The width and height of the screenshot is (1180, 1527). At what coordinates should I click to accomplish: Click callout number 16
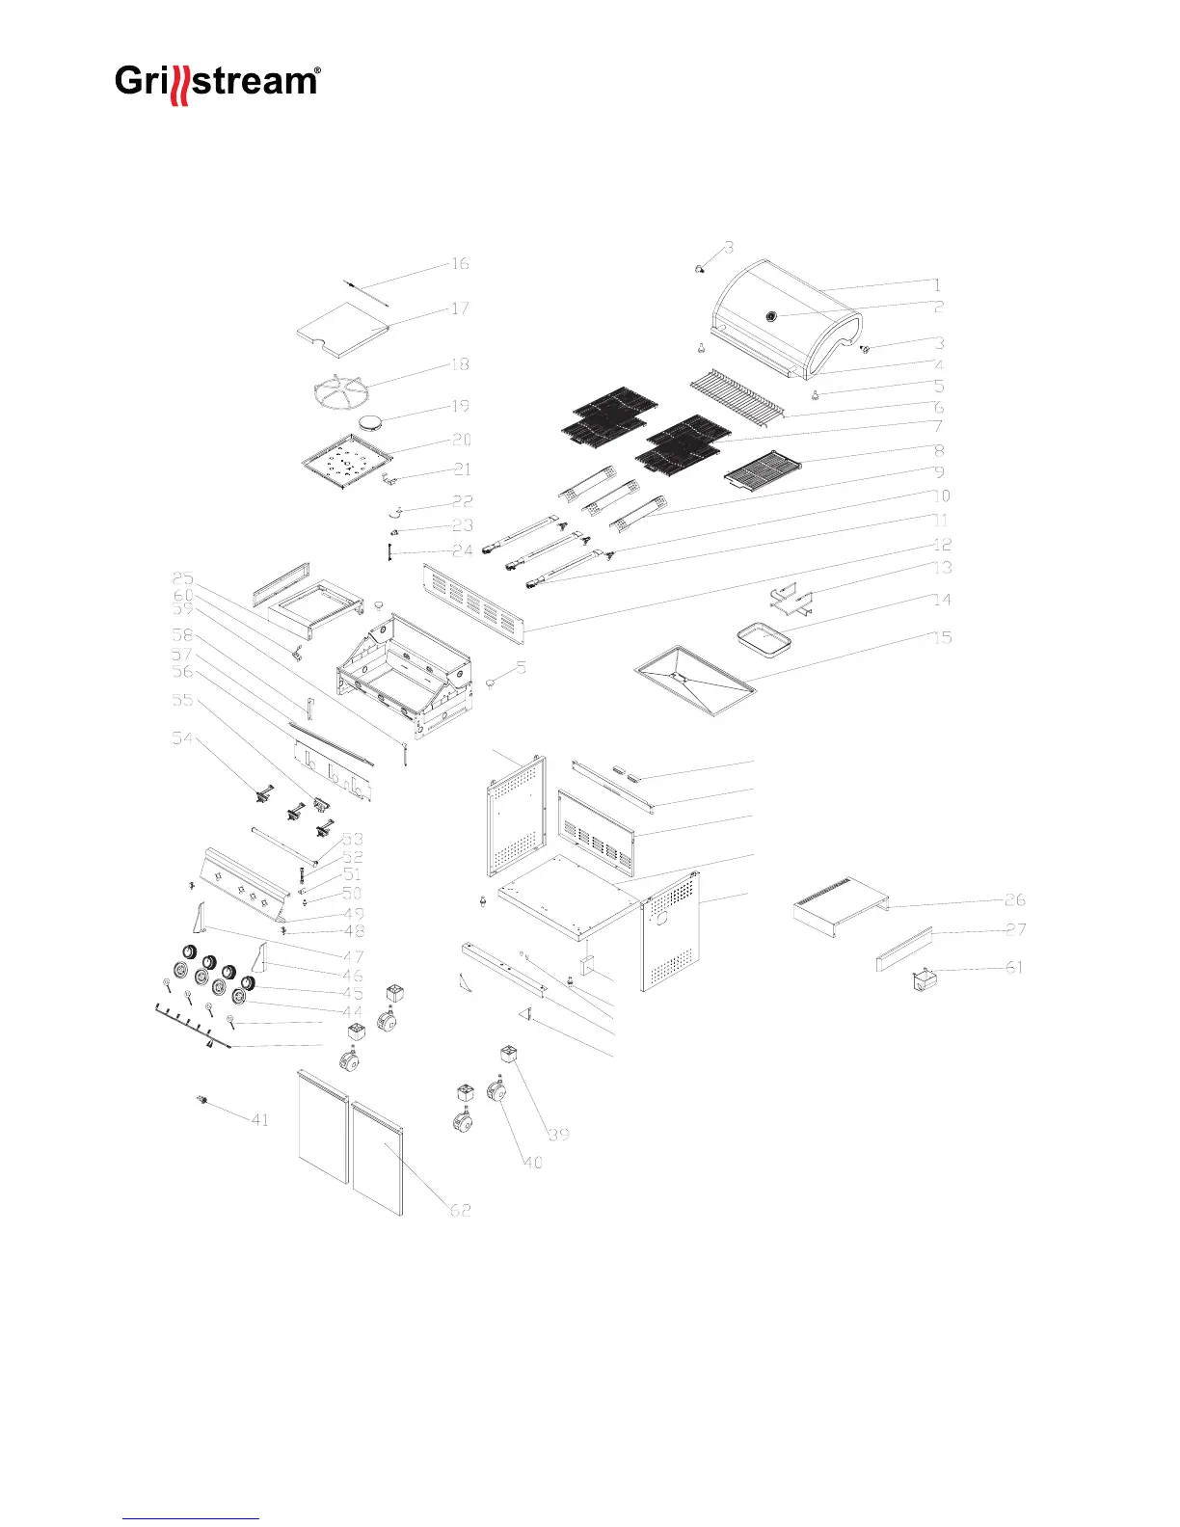pos(460,264)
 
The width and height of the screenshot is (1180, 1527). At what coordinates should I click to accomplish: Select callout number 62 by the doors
pos(461,1209)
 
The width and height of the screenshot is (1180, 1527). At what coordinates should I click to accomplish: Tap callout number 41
pos(260,1120)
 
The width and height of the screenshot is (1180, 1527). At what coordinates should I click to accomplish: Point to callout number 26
pos(1015,900)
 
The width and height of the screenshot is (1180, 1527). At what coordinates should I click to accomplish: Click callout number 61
pos(1014,967)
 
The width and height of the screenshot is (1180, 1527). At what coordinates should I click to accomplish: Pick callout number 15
pos(942,637)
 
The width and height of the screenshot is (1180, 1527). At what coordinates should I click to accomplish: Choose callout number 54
pos(182,738)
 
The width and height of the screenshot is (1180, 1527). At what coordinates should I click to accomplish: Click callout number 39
pos(559,1134)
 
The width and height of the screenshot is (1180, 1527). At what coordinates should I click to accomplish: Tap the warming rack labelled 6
pos(737,396)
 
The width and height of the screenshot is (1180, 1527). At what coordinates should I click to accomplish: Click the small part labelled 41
pos(203,1100)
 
